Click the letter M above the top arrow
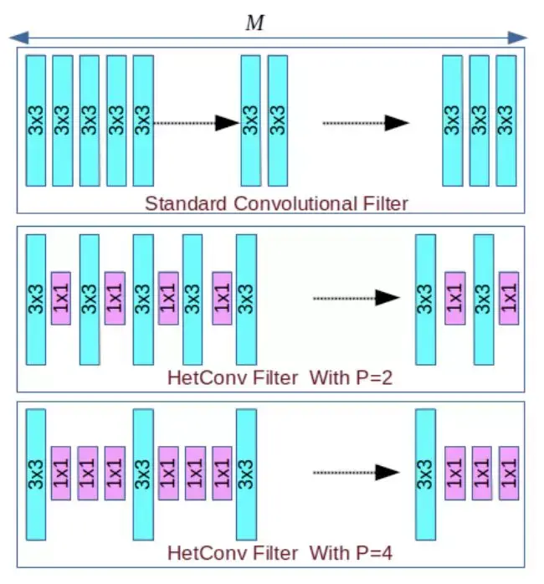pyautogui.click(x=254, y=23)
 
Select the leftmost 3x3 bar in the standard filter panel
pyautogui.click(x=36, y=120)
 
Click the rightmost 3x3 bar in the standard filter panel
pyautogui.click(x=506, y=120)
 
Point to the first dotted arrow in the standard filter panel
pyautogui.click(x=198, y=123)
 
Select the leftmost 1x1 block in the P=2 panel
pyautogui.click(x=61, y=298)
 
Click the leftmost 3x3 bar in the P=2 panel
pyautogui.click(x=36, y=300)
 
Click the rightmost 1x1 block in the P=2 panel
pyautogui.click(x=509, y=298)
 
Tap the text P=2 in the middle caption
pyautogui.click(x=373, y=378)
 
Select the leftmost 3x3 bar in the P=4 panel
pyautogui.click(x=36, y=474)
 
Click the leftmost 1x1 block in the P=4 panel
pyautogui.click(x=61, y=473)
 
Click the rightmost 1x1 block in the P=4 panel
pyautogui.click(x=509, y=473)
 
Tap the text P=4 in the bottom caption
pyautogui.click(x=373, y=553)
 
